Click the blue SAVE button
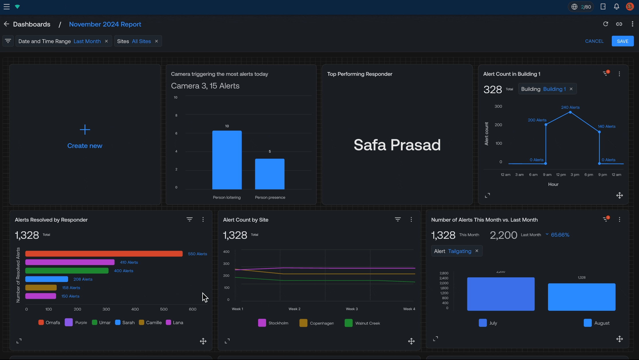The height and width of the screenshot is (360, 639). pos(622,41)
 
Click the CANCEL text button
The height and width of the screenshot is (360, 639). pos(594,41)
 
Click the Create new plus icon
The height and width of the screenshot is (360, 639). pos(85,130)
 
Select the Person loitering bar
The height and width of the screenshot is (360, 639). pos(227,160)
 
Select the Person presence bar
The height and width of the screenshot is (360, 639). pos(270,174)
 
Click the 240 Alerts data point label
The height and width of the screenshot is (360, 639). pos(570,108)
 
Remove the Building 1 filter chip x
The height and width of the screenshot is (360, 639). pos(571,89)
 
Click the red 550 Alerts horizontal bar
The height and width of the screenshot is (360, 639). pos(104,254)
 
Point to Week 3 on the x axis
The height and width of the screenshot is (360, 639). pos(352,309)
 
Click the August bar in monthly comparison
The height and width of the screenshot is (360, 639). pos(581,297)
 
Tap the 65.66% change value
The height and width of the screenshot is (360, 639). pos(560,235)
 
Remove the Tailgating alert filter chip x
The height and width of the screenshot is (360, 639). pos(477,251)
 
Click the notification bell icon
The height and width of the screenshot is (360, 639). pos(616,7)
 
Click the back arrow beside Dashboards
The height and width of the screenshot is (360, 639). pos(6,24)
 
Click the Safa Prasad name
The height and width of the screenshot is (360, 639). pos(397,145)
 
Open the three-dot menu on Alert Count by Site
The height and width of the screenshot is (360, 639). pos(411,219)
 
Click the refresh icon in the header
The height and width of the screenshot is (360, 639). pos(606,24)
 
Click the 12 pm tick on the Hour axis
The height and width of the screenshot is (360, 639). pos(561,175)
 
